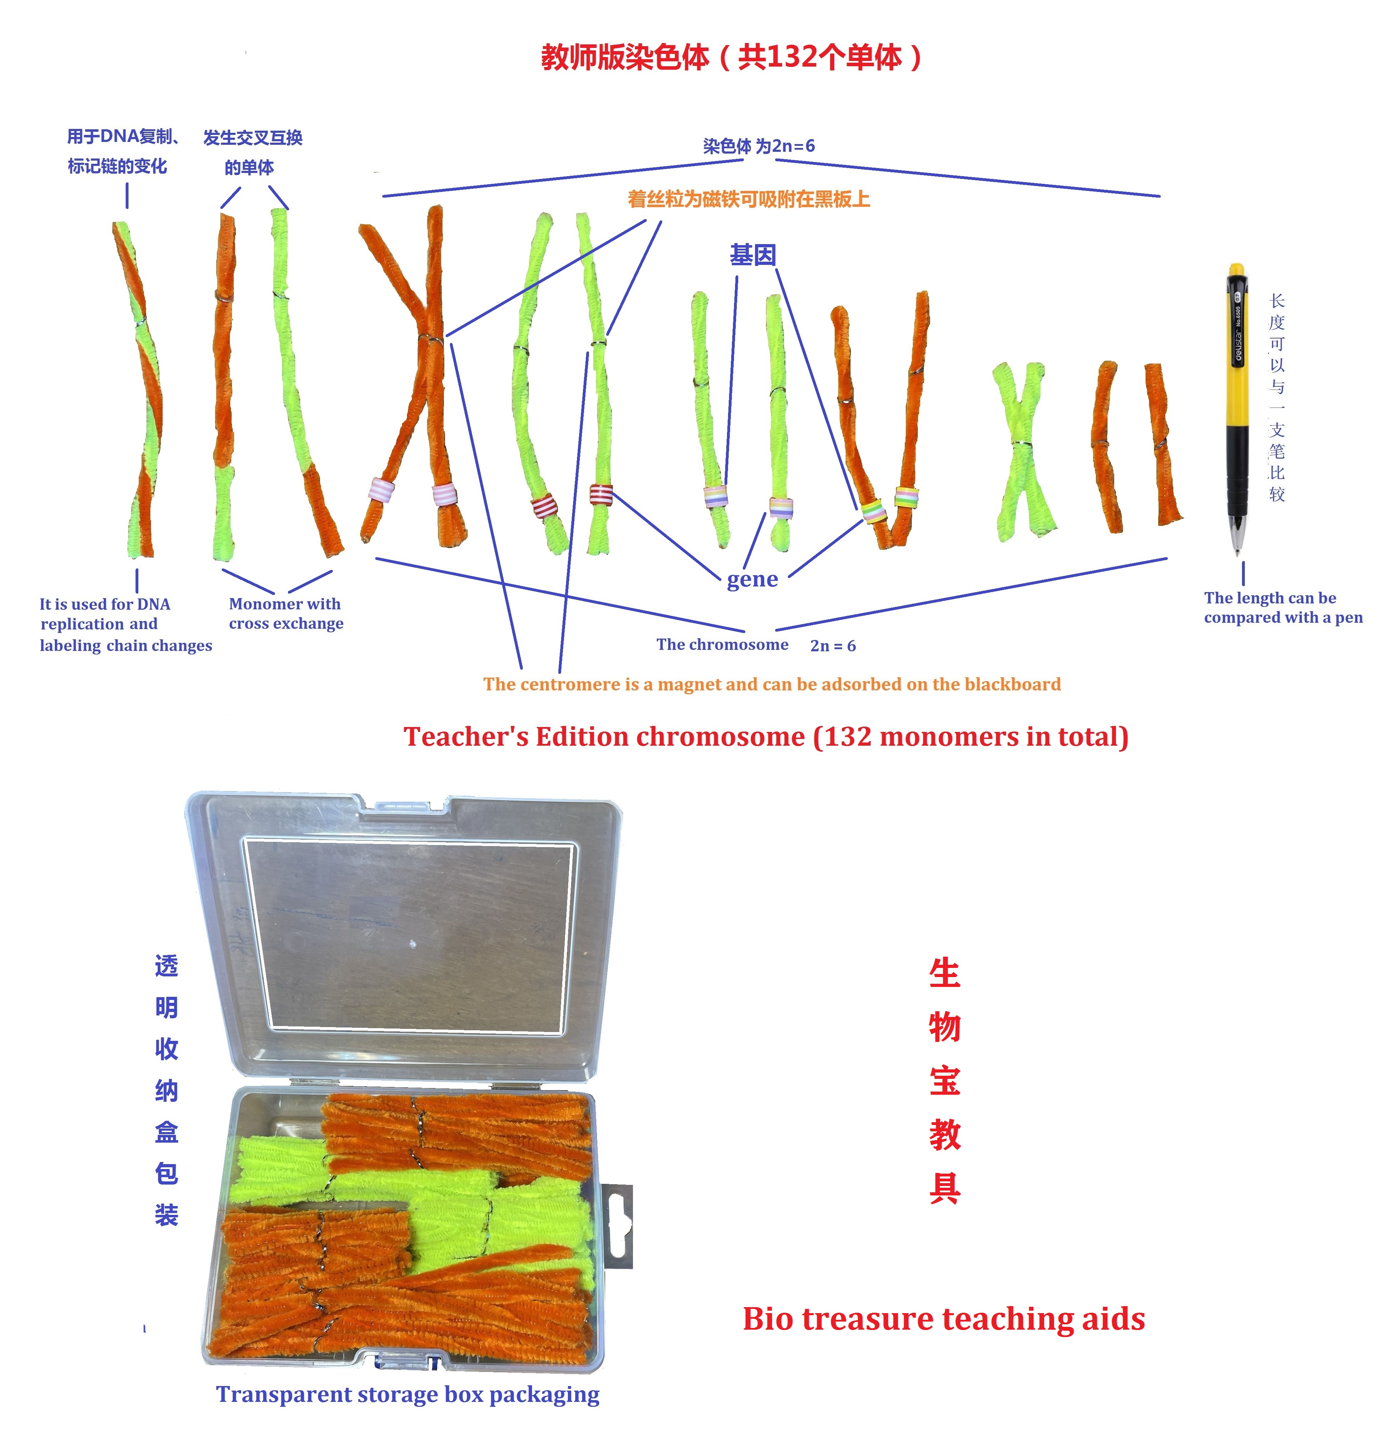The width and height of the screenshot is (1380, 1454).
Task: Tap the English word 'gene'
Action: (752, 580)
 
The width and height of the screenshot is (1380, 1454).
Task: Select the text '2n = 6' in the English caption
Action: (833, 646)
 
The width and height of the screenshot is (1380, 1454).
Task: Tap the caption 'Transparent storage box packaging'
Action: (408, 1394)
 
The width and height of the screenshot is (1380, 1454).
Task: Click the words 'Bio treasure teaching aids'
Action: (944, 1319)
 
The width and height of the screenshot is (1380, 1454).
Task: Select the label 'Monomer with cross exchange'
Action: (286, 614)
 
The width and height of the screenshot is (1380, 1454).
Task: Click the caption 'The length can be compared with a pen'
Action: (1282, 608)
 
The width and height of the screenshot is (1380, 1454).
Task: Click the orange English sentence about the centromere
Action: (772, 685)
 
